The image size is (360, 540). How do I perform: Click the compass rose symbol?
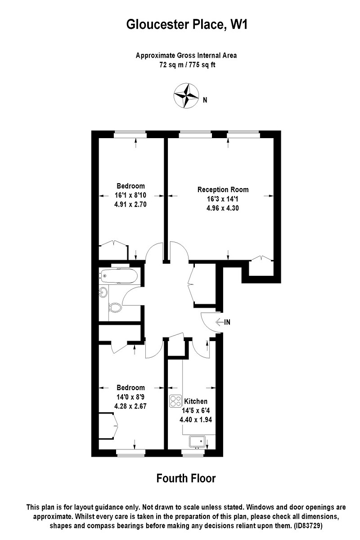pyautogui.click(x=186, y=95)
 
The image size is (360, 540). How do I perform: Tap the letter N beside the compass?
pyautogui.click(x=205, y=100)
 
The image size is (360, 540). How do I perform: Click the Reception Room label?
pyautogui.click(x=223, y=189)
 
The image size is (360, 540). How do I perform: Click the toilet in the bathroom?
pyautogui.click(x=116, y=308)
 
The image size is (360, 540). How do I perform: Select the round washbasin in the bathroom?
pyautogui.click(x=103, y=292)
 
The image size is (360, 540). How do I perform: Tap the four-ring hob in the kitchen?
pyautogui.click(x=175, y=400)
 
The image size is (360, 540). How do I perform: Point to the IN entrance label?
pyautogui.click(x=228, y=322)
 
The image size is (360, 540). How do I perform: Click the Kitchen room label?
pyautogui.click(x=196, y=401)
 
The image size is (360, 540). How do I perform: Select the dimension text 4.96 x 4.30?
pyautogui.click(x=223, y=208)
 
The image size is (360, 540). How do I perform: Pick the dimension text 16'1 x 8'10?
pyautogui.click(x=130, y=195)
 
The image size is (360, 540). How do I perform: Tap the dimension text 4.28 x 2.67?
pyautogui.click(x=130, y=405)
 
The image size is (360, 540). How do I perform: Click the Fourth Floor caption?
pyautogui.click(x=186, y=478)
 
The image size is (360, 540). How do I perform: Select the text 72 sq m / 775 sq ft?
pyautogui.click(x=186, y=65)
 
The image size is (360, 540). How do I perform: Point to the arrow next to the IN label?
pyautogui.click(x=219, y=322)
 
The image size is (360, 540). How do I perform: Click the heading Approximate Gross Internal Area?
pyautogui.click(x=186, y=56)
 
